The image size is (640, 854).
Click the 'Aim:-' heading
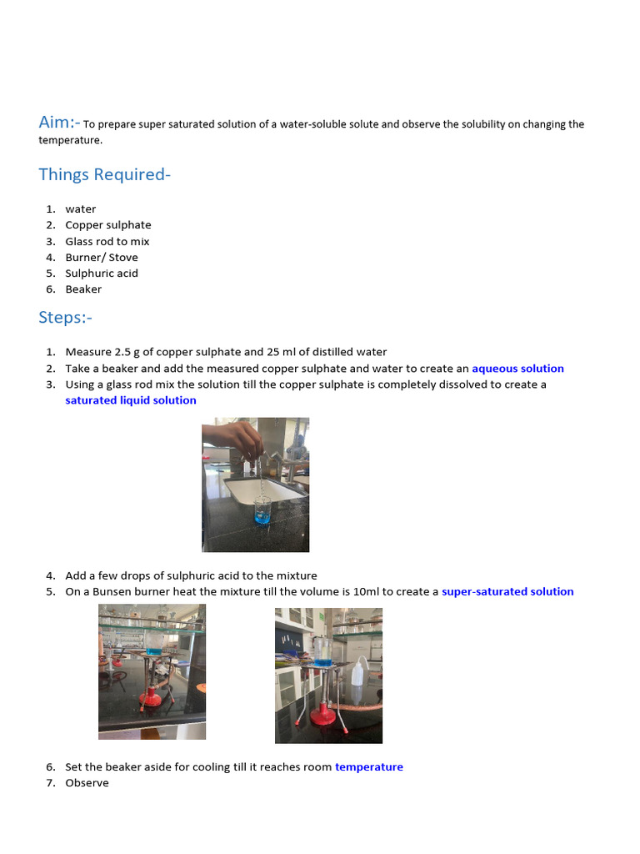[x=59, y=123]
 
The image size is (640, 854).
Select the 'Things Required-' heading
[x=104, y=174]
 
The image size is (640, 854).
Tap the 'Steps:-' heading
[x=66, y=318]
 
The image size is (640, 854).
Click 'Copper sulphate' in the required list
[x=108, y=225]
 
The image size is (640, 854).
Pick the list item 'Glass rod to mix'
[x=107, y=241]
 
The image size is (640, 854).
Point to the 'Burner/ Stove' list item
[x=102, y=257]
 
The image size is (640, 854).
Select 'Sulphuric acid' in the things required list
[x=102, y=273]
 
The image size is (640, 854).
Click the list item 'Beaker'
[x=83, y=289]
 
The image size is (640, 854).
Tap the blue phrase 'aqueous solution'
[x=517, y=369]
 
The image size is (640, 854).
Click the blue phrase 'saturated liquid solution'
[x=131, y=400]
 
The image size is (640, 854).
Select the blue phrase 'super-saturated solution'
[x=507, y=592]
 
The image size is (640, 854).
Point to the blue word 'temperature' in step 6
[x=368, y=767]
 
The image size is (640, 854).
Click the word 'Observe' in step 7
[x=87, y=783]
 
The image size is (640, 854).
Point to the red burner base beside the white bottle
[x=322, y=715]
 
